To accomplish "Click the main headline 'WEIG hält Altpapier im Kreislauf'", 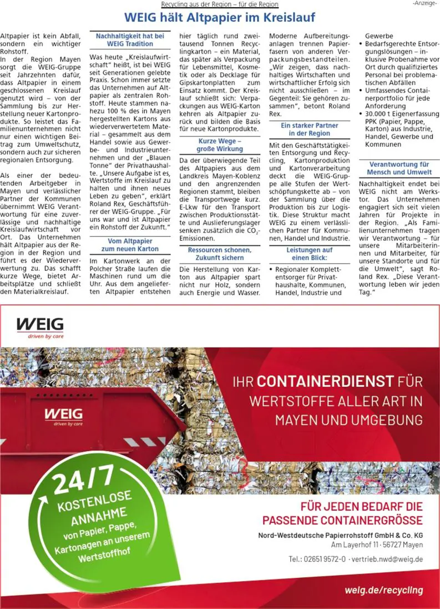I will (220, 17).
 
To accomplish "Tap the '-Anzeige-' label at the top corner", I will (424, 4).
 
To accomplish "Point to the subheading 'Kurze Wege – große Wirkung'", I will (220, 145).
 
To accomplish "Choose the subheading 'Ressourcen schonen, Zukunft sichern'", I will (220, 254).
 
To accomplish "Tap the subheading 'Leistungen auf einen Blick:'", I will (310, 254).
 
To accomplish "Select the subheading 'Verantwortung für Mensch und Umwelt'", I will (399, 168).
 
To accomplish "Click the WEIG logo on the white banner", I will (40, 326).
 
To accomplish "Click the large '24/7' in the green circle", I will (83, 478).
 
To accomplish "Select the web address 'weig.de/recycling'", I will (383, 590).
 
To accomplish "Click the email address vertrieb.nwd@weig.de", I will (388, 558).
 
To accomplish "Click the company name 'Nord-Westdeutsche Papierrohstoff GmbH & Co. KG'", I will (341, 535).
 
